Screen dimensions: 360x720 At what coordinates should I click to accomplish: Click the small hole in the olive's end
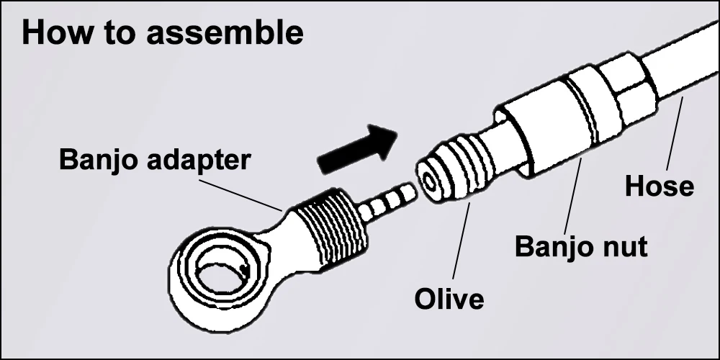click(430, 182)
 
